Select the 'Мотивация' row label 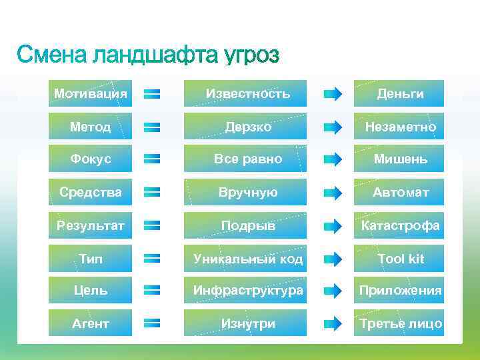click(91, 93)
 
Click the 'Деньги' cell click(400, 93)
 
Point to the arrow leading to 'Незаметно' click(333, 127)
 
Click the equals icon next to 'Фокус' click(152, 159)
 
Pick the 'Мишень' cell click(400, 159)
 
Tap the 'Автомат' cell click(400, 193)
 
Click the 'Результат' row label click(91, 225)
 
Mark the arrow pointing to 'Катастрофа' click(333, 225)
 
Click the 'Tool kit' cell click(400, 258)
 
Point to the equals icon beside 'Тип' click(152, 258)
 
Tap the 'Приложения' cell click(400, 291)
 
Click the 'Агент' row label click(91, 324)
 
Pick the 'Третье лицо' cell click(400, 324)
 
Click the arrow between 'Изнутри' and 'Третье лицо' click(333, 324)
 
